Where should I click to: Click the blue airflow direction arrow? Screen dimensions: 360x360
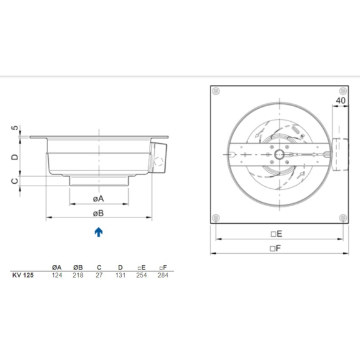(x=99, y=232)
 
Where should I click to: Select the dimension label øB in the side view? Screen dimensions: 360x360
(x=98, y=213)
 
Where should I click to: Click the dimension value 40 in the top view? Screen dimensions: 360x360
(x=341, y=100)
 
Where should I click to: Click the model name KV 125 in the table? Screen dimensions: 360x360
(x=23, y=274)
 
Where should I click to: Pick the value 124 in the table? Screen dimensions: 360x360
(x=57, y=274)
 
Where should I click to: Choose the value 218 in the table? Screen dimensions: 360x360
(x=78, y=274)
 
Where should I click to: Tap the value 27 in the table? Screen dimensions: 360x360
(x=99, y=274)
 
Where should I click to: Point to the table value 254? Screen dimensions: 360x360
(x=141, y=274)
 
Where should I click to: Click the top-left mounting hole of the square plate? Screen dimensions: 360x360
(x=216, y=92)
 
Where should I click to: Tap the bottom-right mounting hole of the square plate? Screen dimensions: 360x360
(x=342, y=217)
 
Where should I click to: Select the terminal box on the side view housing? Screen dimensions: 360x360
(x=160, y=158)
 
